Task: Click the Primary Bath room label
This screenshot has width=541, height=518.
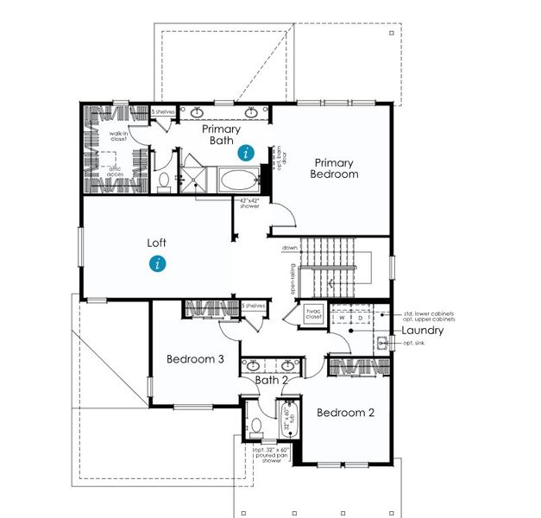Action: pyautogui.click(x=221, y=135)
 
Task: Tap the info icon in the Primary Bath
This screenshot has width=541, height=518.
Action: pyautogui.click(x=247, y=153)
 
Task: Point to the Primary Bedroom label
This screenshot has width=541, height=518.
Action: pyautogui.click(x=336, y=167)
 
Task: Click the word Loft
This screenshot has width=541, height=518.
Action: pyautogui.click(x=157, y=243)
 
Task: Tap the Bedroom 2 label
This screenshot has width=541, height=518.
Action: pyautogui.click(x=345, y=413)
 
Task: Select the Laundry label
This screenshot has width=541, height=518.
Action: pyautogui.click(x=423, y=331)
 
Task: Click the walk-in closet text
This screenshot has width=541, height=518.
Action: pyautogui.click(x=118, y=136)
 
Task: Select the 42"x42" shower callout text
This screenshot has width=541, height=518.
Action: pyautogui.click(x=249, y=203)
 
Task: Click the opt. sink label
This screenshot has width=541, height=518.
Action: pyautogui.click(x=414, y=343)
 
